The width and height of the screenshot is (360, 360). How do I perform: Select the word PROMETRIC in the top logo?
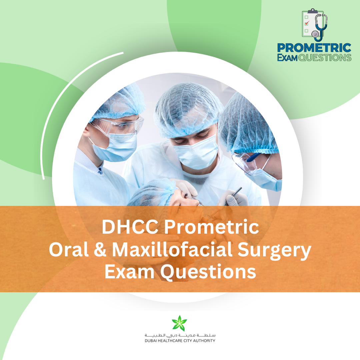point(314,48)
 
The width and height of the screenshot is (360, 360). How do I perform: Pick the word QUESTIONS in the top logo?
point(325,58)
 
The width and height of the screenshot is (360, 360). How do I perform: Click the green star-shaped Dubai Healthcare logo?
point(180,323)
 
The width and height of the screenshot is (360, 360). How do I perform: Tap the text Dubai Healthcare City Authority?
point(180,341)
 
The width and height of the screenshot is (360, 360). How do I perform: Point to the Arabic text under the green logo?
point(180,335)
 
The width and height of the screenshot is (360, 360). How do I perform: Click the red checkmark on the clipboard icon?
point(307,23)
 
